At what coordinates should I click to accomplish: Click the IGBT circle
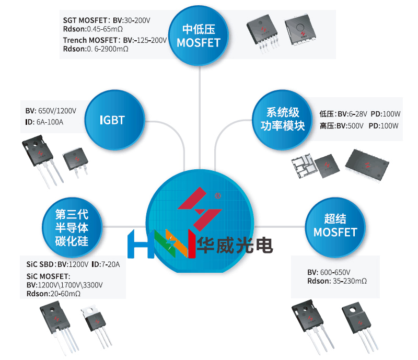coord(112,120)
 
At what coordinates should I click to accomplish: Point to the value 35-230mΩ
coord(350,281)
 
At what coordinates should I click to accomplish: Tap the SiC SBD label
coord(40,264)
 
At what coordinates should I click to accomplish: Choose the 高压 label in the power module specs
coord(328,126)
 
